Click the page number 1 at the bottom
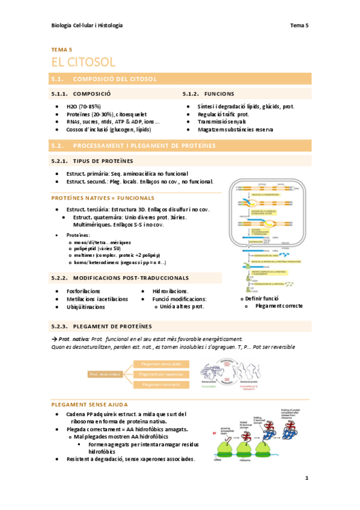[x=307, y=478]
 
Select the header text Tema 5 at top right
[x=299, y=25]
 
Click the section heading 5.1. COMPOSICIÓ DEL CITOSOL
[x=114, y=79]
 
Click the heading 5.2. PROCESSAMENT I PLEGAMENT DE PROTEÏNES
[x=144, y=146]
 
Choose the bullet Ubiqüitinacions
[x=85, y=306]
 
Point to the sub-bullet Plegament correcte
[x=278, y=306]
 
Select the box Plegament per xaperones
[x=162, y=374]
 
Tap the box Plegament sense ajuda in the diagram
[x=162, y=364]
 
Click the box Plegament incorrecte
[x=162, y=384]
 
